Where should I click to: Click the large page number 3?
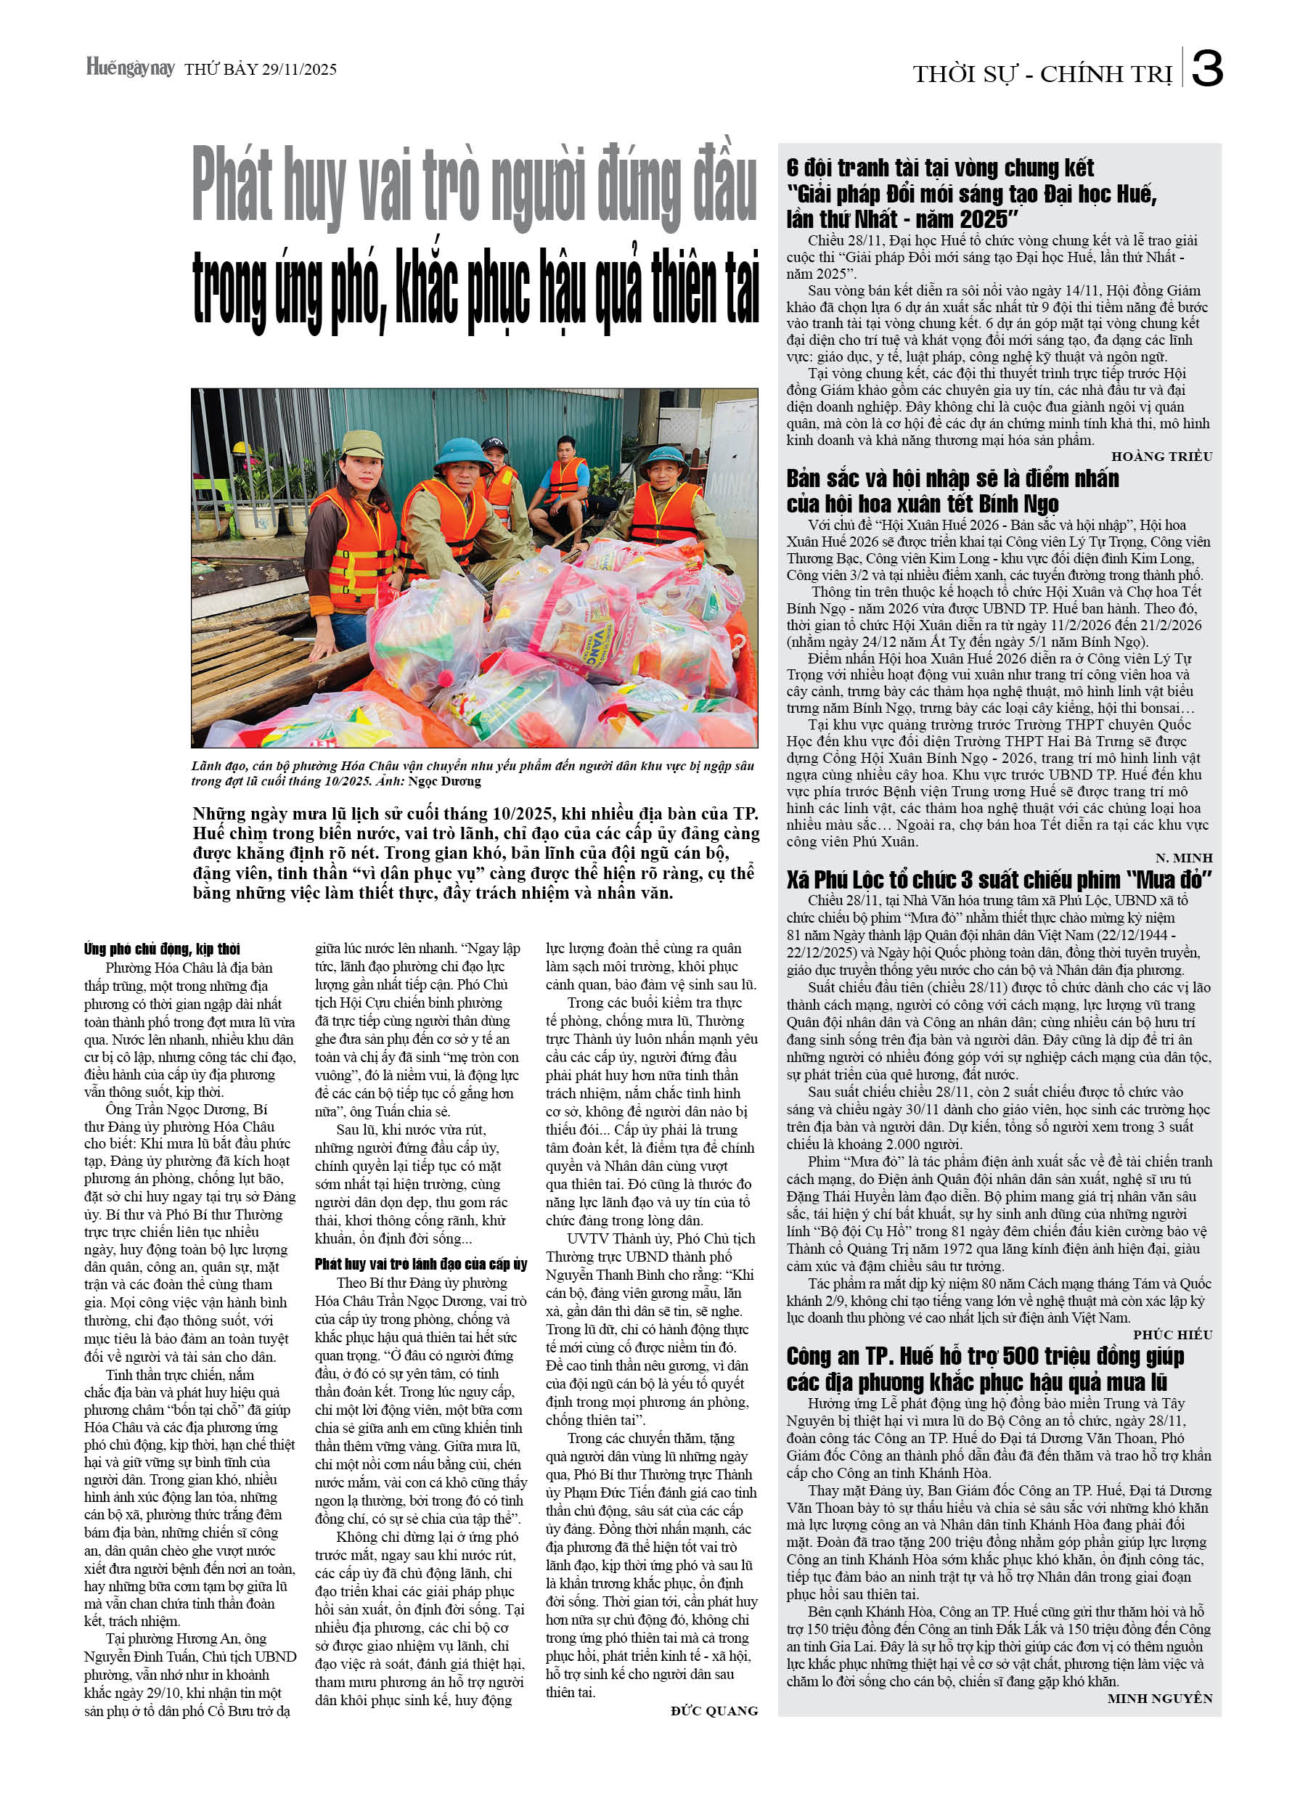[1207, 70]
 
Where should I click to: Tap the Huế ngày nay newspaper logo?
[130, 68]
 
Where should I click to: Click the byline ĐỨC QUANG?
[714, 1710]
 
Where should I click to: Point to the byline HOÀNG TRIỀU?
[1162, 457]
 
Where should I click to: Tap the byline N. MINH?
[1183, 859]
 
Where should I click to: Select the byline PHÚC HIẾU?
[1172, 1335]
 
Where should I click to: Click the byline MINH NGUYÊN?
[1159, 1699]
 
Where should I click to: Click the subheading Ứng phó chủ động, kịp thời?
[162, 949]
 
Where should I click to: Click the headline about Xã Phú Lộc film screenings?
[999, 880]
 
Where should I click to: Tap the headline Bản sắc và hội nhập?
[952, 491]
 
